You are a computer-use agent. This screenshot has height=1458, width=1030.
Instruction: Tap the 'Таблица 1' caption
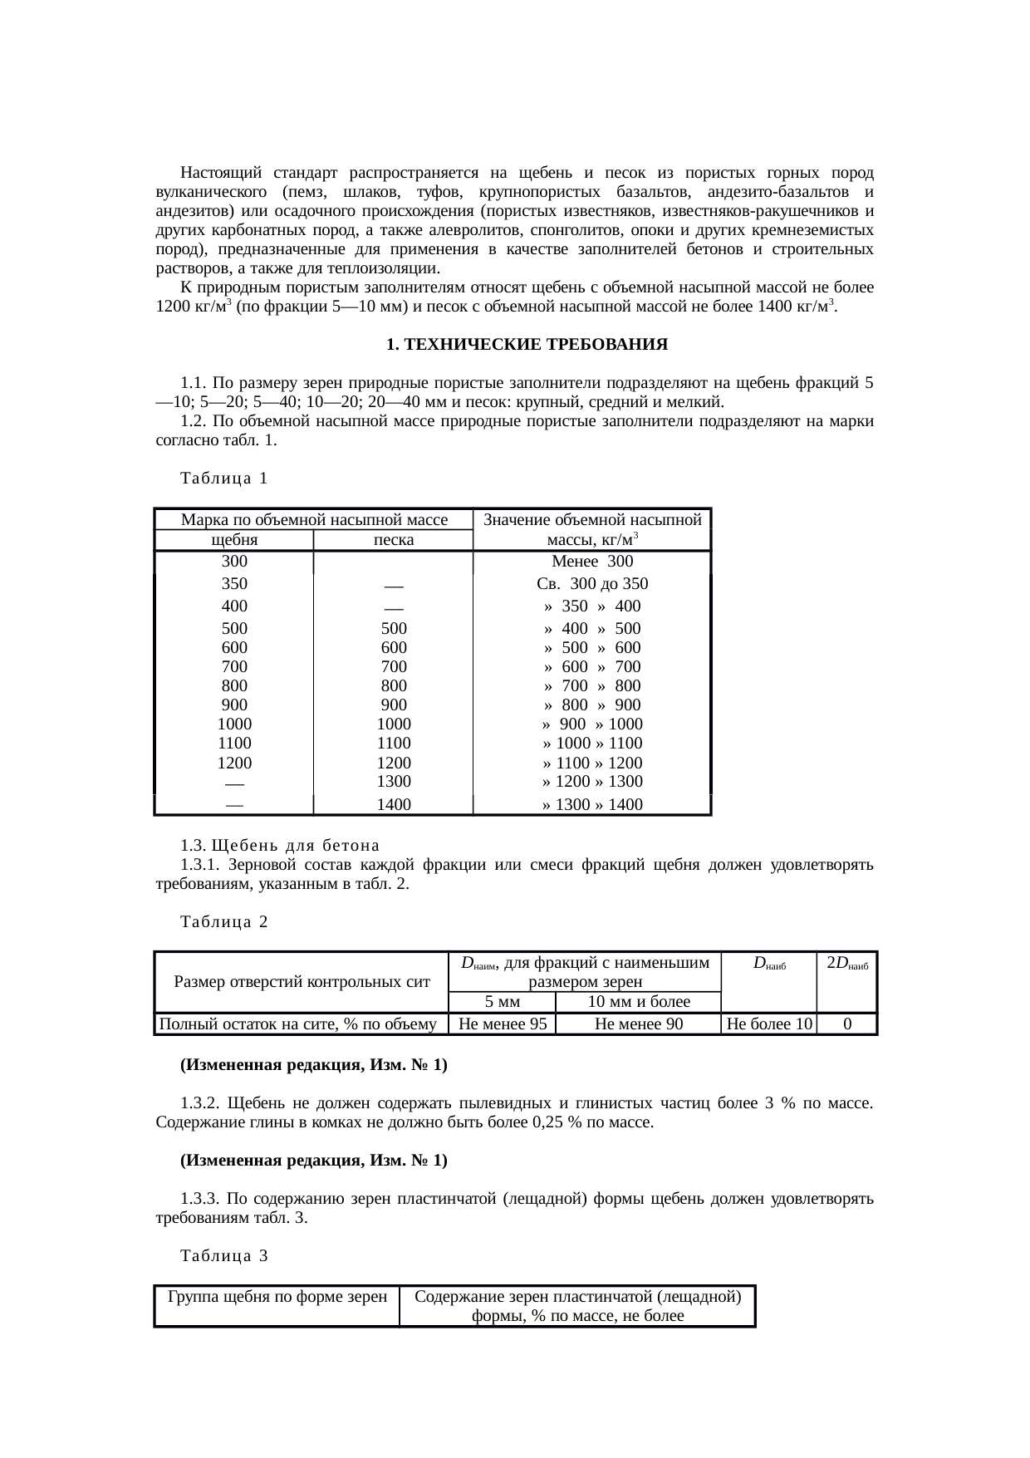coord(224,479)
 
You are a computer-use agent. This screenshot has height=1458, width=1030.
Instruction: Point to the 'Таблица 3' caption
coord(224,1256)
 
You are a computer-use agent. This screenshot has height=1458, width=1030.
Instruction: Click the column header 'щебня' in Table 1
coord(234,540)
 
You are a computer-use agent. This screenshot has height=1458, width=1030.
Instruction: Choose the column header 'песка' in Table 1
coord(394,540)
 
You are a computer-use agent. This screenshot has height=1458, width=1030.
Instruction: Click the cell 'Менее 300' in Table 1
coord(592,562)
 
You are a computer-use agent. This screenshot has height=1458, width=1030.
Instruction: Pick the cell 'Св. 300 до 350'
coord(592,583)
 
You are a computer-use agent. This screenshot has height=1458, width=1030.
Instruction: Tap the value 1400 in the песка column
coord(394,804)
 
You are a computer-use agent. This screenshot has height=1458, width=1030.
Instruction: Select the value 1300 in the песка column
coord(394,781)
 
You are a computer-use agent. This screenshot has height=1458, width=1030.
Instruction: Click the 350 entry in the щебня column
coord(234,583)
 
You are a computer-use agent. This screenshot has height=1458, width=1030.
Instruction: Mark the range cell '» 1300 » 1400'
coord(592,804)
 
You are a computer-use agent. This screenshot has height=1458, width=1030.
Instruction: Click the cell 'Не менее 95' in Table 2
coord(502,1024)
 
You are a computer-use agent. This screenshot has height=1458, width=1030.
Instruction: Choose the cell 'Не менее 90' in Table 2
coord(639,1024)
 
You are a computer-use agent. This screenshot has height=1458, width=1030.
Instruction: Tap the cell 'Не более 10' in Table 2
coord(769,1024)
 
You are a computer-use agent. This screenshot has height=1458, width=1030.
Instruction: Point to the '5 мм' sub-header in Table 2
coord(502,1002)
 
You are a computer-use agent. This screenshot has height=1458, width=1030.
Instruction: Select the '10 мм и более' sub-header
coord(639,1002)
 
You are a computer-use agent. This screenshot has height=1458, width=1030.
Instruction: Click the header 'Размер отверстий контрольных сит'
coord(302,982)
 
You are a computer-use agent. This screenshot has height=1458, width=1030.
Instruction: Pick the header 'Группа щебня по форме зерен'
coord(277,1297)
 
